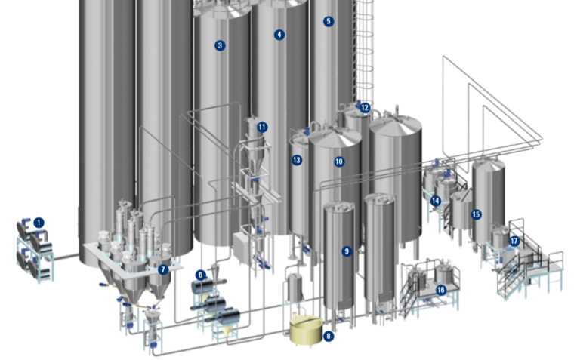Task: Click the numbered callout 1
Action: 39,223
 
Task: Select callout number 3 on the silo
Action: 220,45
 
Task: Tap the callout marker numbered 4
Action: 279,35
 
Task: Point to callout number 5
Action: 329,21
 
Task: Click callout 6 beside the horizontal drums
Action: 200,275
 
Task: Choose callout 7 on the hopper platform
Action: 163,269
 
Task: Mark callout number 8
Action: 329,336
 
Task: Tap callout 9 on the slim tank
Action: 347,251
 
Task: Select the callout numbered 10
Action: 339,162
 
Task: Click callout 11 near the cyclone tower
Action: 262,127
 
